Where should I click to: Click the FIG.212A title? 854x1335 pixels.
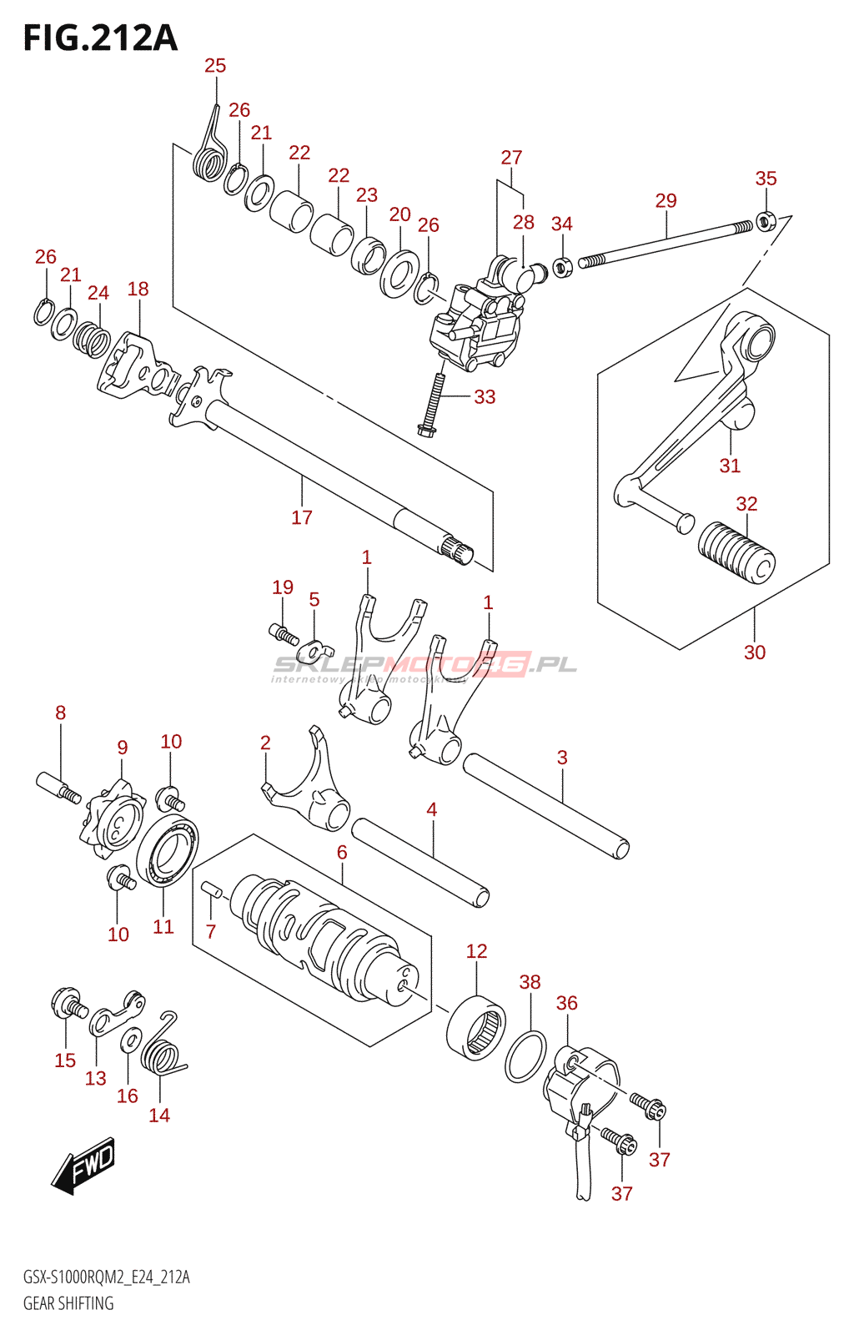pos(100,38)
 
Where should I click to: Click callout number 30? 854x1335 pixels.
pos(754,652)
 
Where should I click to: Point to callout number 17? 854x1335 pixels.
pos(302,517)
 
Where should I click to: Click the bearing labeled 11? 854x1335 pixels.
pos(168,850)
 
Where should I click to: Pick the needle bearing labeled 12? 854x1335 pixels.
pos(476,1027)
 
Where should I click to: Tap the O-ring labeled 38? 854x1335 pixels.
pos(526,1056)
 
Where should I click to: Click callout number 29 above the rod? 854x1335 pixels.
pos(666,201)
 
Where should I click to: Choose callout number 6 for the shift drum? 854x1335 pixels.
pos(342,852)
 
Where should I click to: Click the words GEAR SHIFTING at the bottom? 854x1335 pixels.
pos(68,1303)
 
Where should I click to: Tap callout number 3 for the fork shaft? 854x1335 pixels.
pos(562,758)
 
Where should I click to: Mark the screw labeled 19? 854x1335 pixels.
pos(284,634)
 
